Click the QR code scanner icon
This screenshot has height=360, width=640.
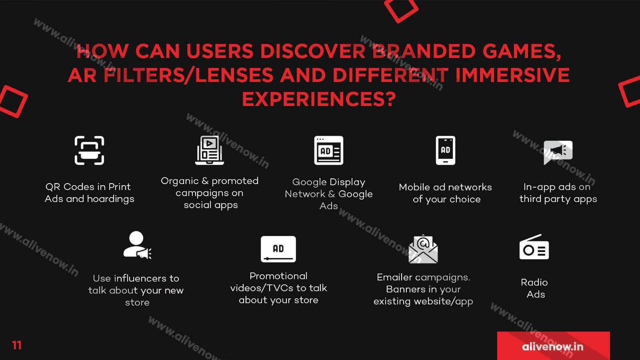pos(89,150)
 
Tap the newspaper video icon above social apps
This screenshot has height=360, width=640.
pos(210,150)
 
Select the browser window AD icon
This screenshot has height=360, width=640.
pos(328,150)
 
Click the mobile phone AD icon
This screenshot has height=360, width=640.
pos(446,150)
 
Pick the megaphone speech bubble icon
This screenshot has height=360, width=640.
pos(558,152)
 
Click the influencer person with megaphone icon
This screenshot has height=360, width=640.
pos(137,245)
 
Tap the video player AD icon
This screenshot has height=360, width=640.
pos(278,249)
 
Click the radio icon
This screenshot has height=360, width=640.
pos(534,247)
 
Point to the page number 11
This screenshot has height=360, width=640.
pos(17,345)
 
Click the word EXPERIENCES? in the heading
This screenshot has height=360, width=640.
pos(319,99)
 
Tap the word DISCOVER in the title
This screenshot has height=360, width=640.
pos(312,51)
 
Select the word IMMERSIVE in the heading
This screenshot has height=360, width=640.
pos(512,75)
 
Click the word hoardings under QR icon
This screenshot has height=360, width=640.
pos(110,199)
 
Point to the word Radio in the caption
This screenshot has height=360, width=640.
pos(534,282)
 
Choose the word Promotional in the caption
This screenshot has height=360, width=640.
pos(278,276)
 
